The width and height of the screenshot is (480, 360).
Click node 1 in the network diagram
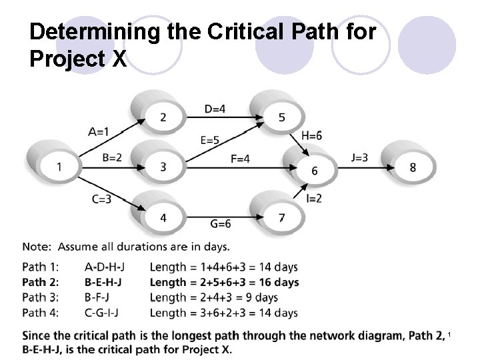pyautogui.click(x=59, y=167)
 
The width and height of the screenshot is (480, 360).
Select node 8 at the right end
pyautogui.click(x=413, y=167)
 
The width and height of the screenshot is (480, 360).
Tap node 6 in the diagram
pyautogui.click(x=315, y=171)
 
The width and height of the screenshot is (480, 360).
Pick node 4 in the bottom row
pyautogui.click(x=163, y=217)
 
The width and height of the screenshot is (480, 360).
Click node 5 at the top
pyautogui.click(x=281, y=117)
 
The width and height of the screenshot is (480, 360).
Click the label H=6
pyautogui.click(x=312, y=135)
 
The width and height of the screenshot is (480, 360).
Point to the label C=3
pyautogui.click(x=103, y=198)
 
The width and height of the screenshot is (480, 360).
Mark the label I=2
pyautogui.click(x=314, y=198)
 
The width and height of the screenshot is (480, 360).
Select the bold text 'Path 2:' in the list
pyautogui.click(x=41, y=282)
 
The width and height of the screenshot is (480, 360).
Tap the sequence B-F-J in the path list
pyautogui.click(x=99, y=297)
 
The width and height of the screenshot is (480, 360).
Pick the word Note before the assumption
pyautogui.click(x=37, y=247)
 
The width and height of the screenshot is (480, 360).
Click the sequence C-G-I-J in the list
pyautogui.click(x=105, y=312)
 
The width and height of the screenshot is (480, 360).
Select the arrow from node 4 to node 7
pyautogui.click(x=220, y=217)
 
